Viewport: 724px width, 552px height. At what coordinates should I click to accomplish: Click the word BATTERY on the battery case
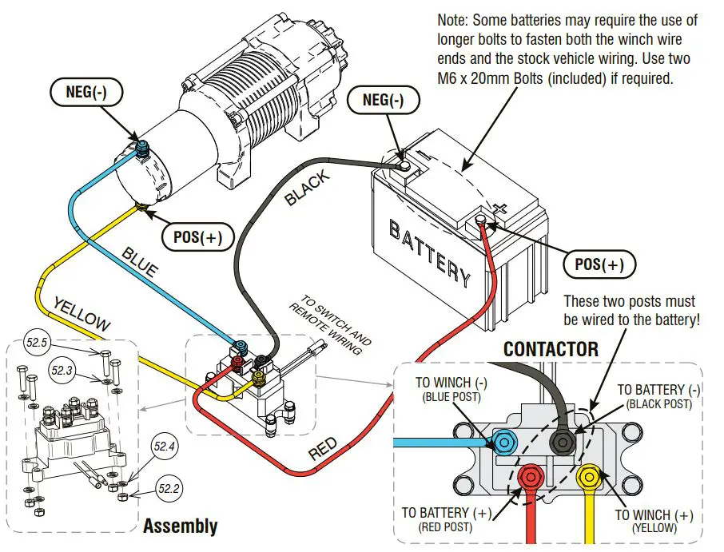[429, 252]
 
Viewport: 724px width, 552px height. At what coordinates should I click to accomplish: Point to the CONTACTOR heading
[551, 349]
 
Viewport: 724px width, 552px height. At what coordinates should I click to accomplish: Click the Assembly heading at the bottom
[180, 526]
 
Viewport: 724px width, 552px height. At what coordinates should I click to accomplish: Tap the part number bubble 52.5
[38, 344]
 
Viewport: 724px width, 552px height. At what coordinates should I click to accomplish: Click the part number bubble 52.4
[165, 447]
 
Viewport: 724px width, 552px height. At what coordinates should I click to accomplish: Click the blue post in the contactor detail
[504, 441]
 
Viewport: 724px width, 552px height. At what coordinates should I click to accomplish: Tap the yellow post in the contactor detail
[589, 477]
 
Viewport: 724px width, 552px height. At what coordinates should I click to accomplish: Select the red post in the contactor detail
[530, 479]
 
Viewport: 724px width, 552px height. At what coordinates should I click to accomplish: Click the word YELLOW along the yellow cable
[81, 314]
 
